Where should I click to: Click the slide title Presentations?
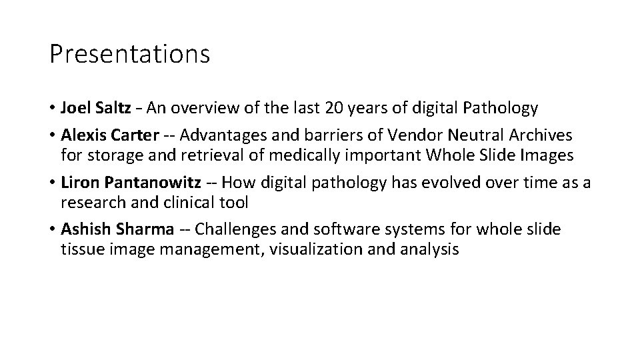(129, 54)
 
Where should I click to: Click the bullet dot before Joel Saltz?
(53, 107)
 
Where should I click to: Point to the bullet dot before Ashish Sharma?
(53, 229)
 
